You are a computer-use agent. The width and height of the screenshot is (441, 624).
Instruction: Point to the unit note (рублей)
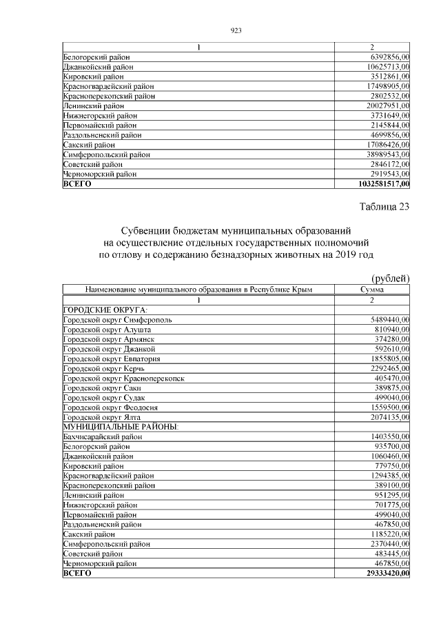[391, 278]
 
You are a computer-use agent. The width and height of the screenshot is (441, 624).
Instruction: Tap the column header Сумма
[372, 290]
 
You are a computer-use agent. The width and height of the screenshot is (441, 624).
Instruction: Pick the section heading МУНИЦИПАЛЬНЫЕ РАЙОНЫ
[121, 427]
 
